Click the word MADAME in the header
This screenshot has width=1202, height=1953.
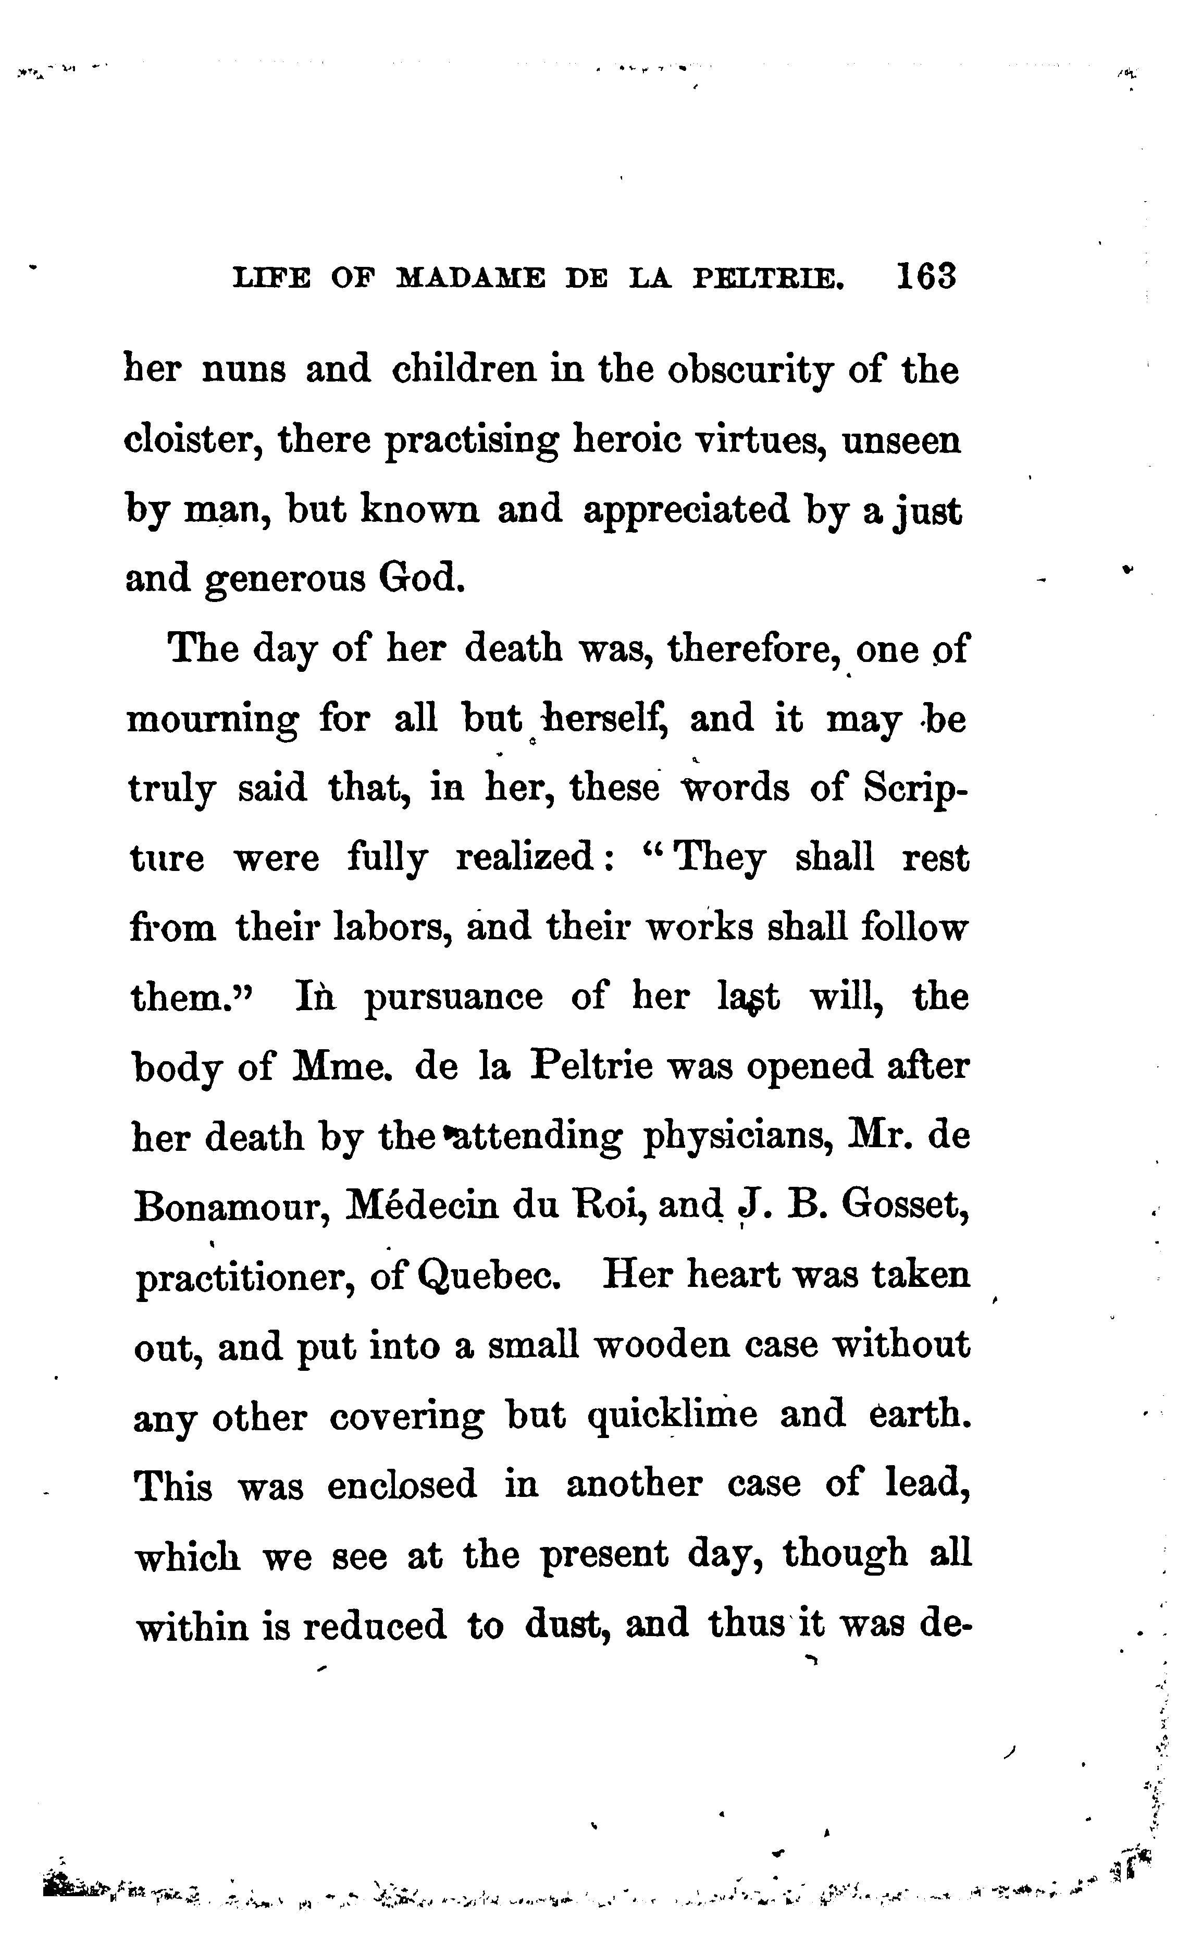point(470,278)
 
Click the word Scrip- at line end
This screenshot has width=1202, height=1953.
point(916,790)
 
